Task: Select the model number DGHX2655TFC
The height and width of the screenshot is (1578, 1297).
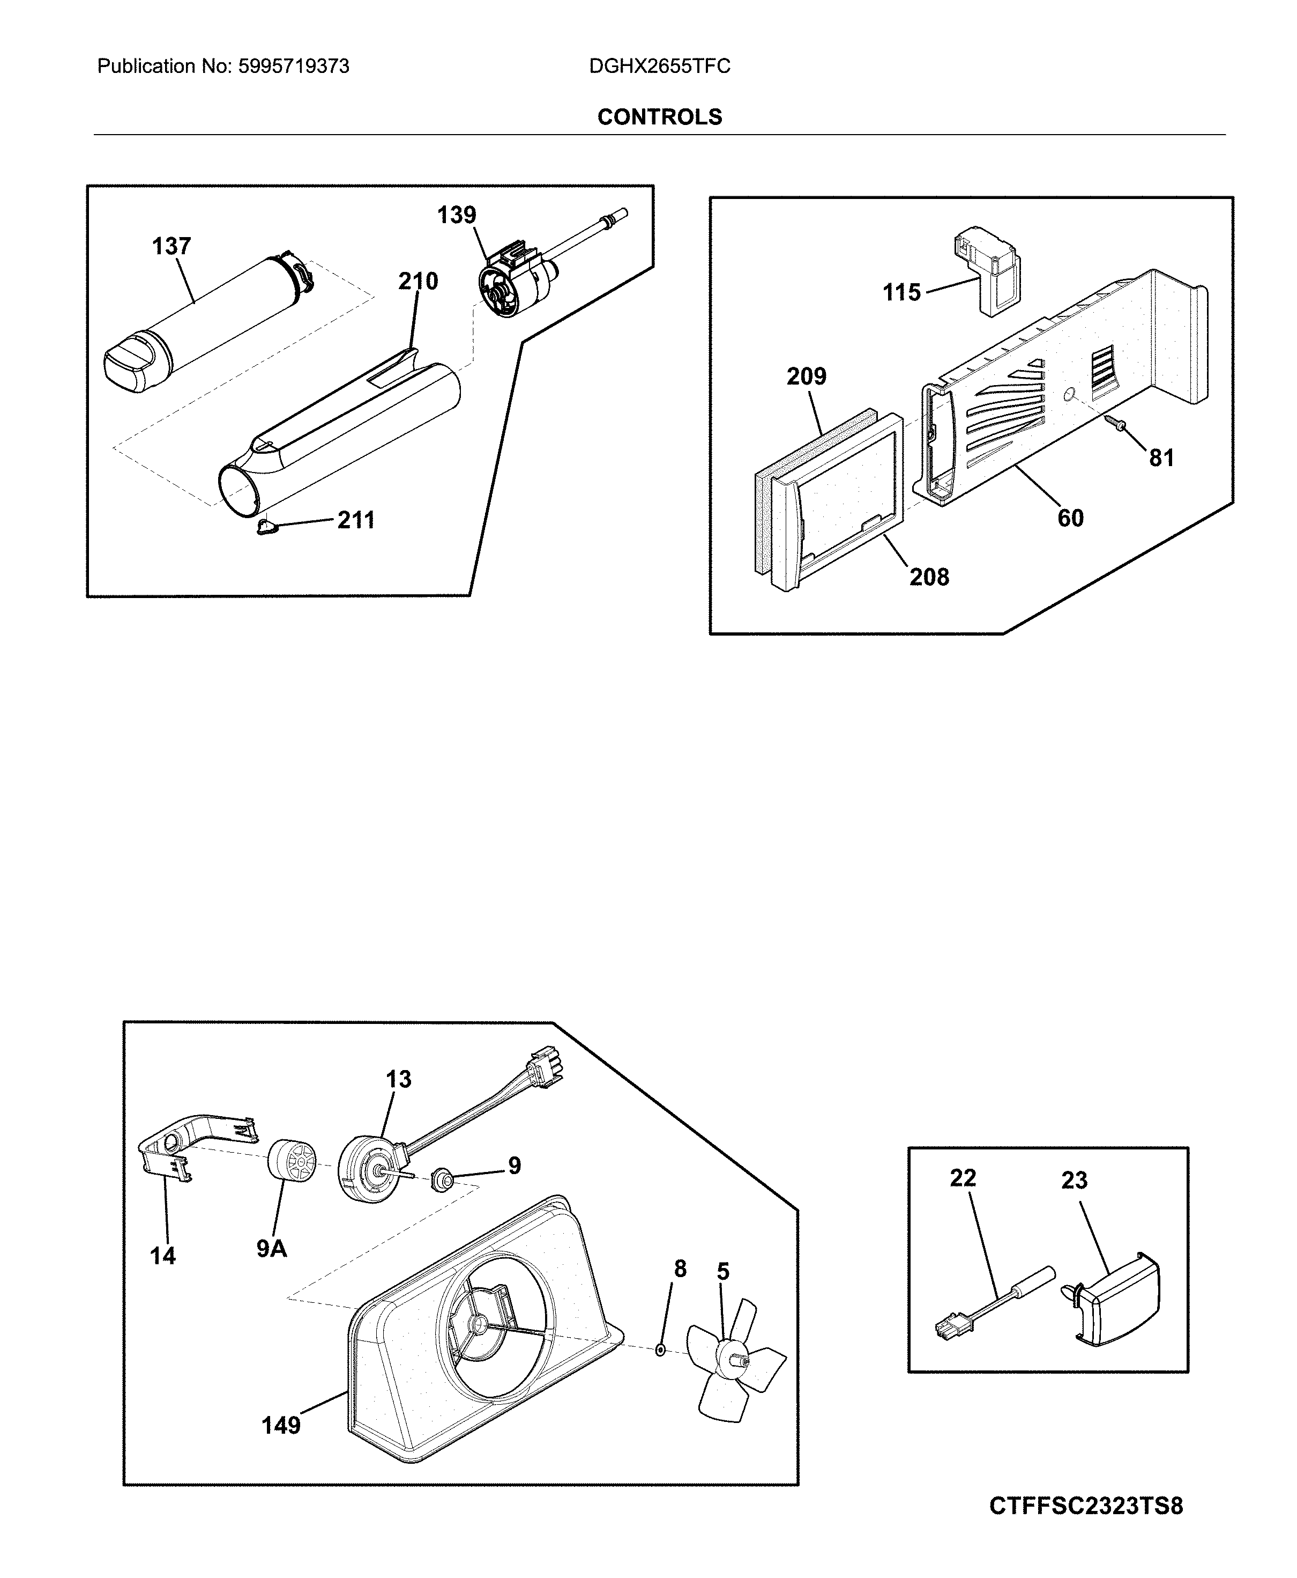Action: [660, 67]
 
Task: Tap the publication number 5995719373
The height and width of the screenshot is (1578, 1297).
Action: [294, 67]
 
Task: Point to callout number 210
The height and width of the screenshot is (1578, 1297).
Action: [418, 281]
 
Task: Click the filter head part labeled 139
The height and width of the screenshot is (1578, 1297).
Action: [516, 281]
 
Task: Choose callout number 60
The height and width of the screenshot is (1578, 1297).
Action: [1070, 518]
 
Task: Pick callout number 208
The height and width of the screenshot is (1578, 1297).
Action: [929, 577]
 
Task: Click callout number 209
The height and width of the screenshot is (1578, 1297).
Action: [806, 376]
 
